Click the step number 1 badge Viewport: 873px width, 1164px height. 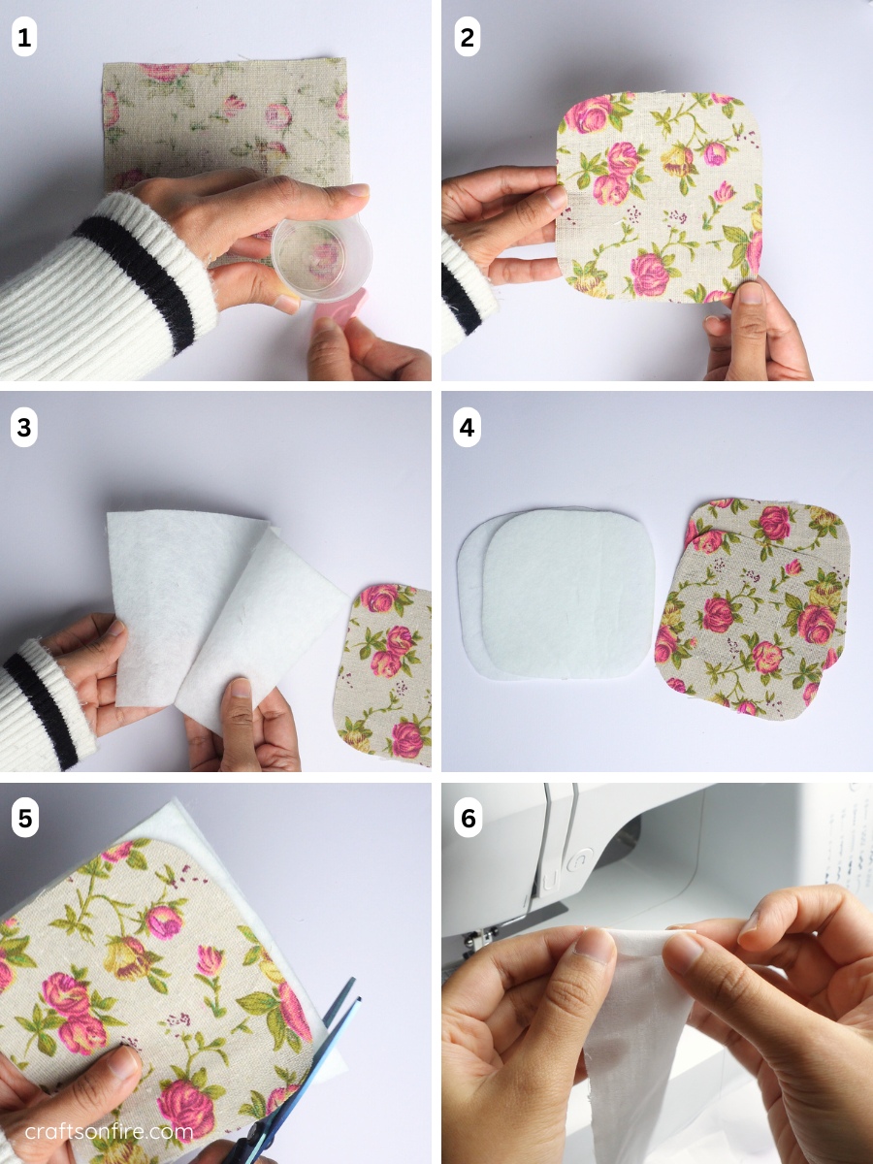[x=24, y=39]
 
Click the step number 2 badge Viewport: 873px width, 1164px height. [x=468, y=39]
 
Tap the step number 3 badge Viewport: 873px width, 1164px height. [x=24, y=428]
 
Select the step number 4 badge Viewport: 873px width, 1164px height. [x=468, y=428]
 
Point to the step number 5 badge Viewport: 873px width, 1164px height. [x=24, y=819]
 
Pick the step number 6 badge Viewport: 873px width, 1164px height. [x=468, y=819]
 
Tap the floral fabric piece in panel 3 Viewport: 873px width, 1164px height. [x=388, y=669]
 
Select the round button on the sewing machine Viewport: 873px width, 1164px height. [x=579, y=858]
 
